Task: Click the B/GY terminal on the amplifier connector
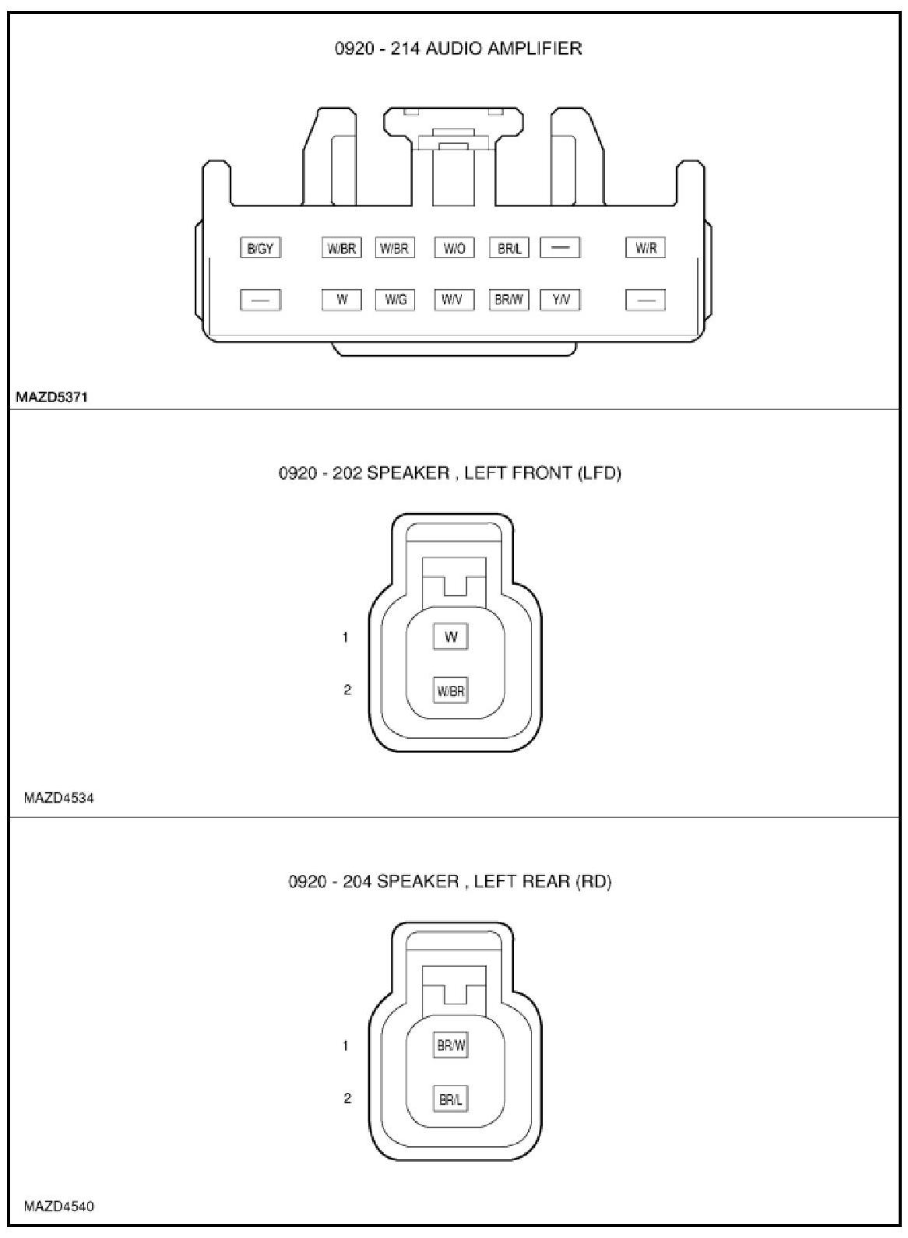(260, 248)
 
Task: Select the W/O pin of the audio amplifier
(454, 248)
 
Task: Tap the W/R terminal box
(645, 248)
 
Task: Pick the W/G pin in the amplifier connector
(395, 300)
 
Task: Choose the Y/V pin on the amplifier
(560, 300)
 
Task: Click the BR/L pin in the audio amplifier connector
(509, 248)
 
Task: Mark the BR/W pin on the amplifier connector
(509, 300)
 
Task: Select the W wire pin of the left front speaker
(450, 637)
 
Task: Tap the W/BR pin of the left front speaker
(450, 691)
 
